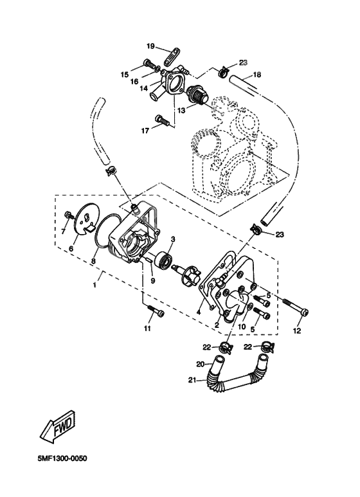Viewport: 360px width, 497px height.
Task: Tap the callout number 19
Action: coord(150,46)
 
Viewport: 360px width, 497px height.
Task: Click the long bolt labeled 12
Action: coord(295,307)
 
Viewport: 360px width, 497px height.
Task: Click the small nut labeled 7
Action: coord(68,215)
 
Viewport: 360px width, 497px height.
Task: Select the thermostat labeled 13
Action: coord(198,95)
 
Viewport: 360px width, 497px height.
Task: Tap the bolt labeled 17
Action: coord(161,120)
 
